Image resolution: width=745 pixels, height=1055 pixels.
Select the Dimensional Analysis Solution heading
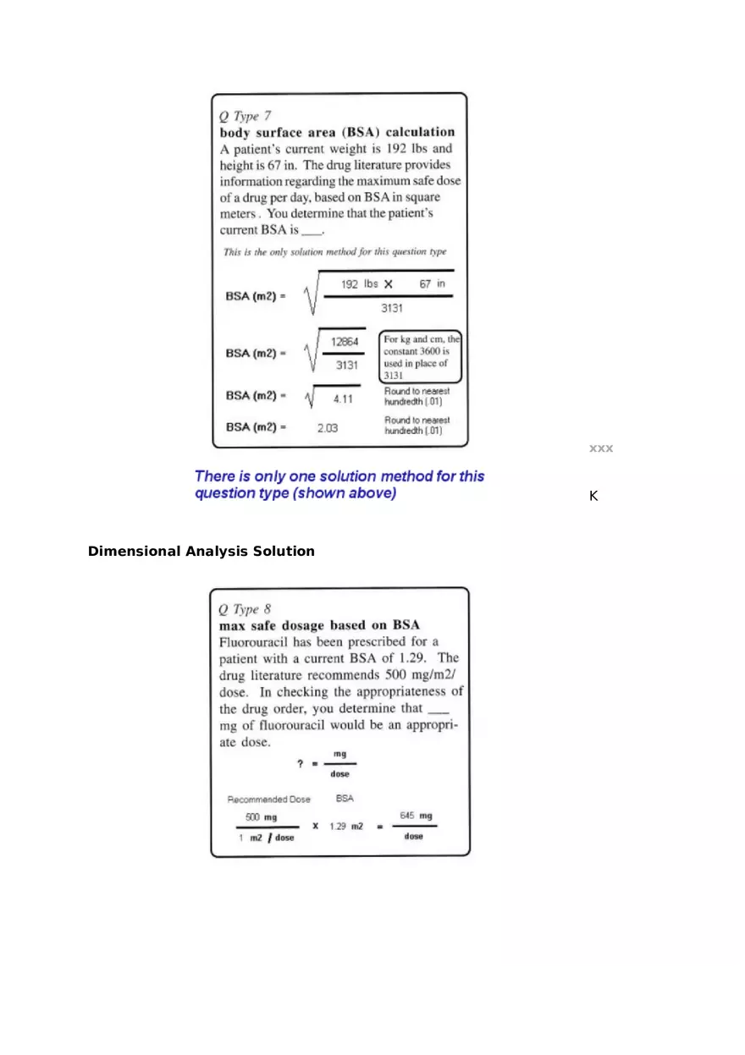(x=201, y=552)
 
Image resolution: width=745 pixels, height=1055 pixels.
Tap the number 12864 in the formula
(x=345, y=341)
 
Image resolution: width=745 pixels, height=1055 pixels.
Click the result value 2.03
(x=327, y=428)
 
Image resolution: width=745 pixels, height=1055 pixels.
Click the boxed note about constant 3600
(x=421, y=356)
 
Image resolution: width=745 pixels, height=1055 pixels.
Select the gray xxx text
(x=601, y=448)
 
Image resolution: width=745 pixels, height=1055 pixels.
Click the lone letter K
(x=593, y=497)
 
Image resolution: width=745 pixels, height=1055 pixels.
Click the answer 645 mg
(x=416, y=816)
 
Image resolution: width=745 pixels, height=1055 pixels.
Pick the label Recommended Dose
(x=268, y=799)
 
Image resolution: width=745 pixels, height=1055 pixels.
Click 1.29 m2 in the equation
(x=346, y=827)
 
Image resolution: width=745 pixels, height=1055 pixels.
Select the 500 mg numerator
(x=261, y=817)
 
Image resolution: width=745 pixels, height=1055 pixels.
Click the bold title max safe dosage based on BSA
(x=319, y=625)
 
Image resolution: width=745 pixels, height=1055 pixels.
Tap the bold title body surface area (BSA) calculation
(x=337, y=132)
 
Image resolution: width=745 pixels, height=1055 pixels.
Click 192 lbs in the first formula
(x=359, y=284)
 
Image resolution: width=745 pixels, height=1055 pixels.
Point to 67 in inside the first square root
(x=432, y=284)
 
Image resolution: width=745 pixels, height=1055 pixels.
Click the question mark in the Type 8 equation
(x=300, y=764)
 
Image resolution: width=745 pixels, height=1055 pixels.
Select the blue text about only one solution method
(x=339, y=485)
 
